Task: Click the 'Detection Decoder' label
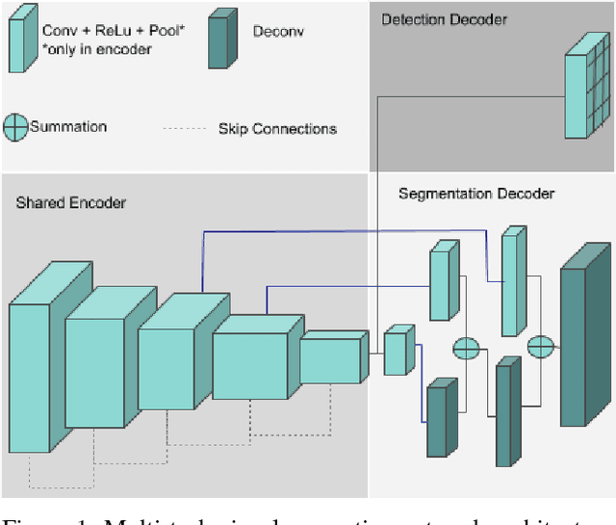444,19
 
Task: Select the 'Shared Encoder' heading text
71,202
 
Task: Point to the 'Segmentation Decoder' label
476,194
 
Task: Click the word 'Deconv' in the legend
277,31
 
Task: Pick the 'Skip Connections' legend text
277,129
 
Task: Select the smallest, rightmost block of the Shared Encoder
330,360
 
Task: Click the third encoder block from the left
167,368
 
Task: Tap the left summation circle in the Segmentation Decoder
466,347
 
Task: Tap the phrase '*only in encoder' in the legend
96,49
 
